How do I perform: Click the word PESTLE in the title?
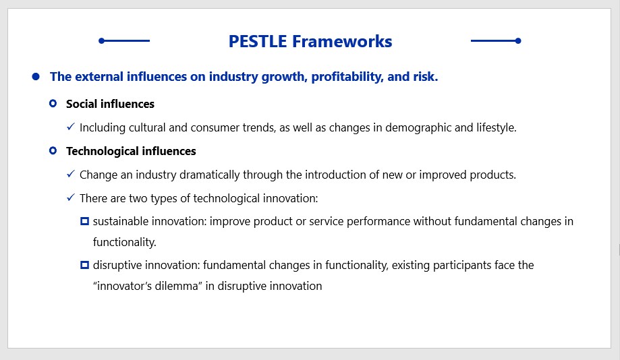(x=258, y=42)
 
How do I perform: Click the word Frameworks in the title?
(x=342, y=42)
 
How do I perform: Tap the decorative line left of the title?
(x=124, y=40)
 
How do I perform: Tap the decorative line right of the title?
(x=496, y=40)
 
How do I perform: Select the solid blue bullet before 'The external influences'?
(x=36, y=76)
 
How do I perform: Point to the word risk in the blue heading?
(x=426, y=77)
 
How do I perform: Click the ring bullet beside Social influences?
(x=53, y=104)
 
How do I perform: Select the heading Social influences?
(x=111, y=104)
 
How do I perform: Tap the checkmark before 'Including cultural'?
(x=71, y=127)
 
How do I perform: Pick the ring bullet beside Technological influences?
(x=53, y=150)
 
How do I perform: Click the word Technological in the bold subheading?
(x=103, y=152)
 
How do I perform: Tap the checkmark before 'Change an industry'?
(x=71, y=174)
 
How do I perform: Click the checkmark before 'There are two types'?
(x=71, y=197)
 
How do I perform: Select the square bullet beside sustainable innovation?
(x=84, y=221)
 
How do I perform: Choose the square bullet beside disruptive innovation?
(x=84, y=265)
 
